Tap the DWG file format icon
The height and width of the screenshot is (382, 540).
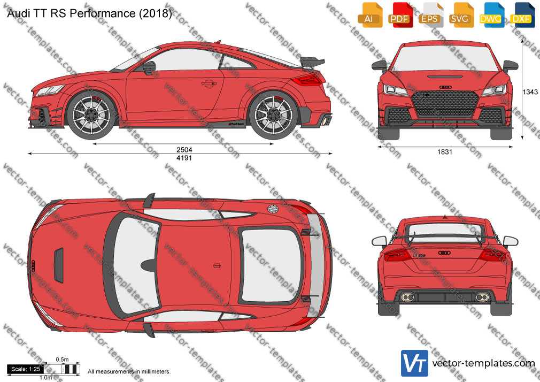tap(492, 14)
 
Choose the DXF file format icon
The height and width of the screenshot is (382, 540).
tap(522, 14)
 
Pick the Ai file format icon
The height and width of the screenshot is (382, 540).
tap(370, 14)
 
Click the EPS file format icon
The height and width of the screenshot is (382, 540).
tap(430, 14)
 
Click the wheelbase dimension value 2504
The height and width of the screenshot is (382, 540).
tap(184, 150)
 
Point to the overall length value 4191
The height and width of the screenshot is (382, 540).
tap(184, 158)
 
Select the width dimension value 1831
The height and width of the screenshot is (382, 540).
tap(445, 152)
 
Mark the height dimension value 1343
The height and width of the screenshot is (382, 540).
tap(530, 91)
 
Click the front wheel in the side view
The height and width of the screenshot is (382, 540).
tap(91, 114)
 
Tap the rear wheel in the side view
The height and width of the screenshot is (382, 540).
tap(273, 114)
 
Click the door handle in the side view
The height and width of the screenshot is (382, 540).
tap(209, 83)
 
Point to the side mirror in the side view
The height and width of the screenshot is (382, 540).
tap(150, 67)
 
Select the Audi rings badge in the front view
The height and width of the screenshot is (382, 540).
tap(445, 87)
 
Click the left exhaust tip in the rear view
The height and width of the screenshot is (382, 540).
tap(408, 297)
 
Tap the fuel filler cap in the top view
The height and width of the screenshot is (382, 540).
tap(273, 209)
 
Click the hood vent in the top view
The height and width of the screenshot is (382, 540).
tap(59, 265)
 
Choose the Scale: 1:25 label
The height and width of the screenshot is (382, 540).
tap(26, 369)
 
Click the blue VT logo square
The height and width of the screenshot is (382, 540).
tap(414, 363)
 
